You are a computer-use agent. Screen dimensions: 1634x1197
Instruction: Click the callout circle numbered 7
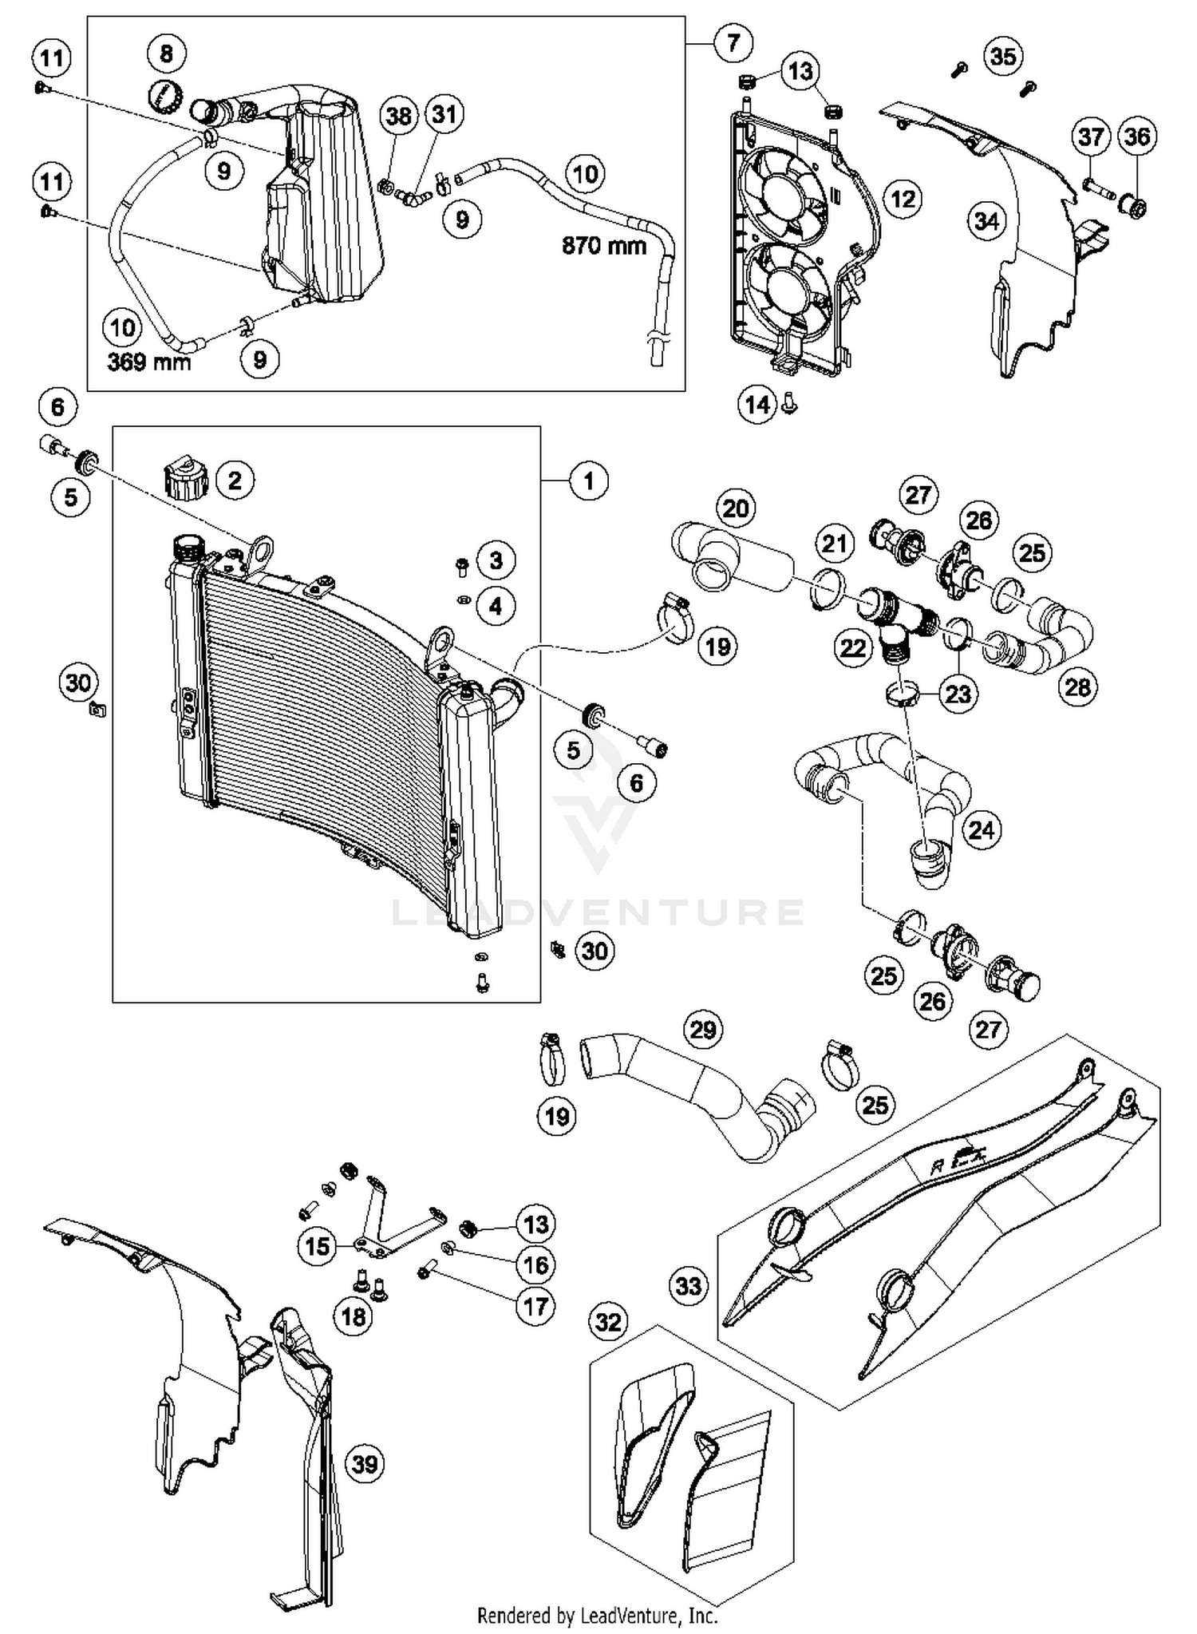pyautogui.click(x=733, y=42)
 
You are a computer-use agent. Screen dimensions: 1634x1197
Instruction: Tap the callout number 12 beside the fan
pyautogui.click(x=903, y=199)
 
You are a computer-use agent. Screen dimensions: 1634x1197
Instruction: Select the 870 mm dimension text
pyautogui.click(x=603, y=245)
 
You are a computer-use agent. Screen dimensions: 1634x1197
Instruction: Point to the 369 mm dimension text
pyautogui.click(x=149, y=362)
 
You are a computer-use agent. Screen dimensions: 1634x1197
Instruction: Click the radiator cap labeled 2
pyautogui.click(x=183, y=477)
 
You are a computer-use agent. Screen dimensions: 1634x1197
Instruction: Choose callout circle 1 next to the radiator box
pyautogui.click(x=589, y=481)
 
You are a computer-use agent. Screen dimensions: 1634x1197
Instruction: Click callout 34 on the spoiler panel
pyautogui.click(x=986, y=221)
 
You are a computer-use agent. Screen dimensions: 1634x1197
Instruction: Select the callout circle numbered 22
pyautogui.click(x=852, y=647)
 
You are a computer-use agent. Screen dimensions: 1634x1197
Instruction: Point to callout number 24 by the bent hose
pyautogui.click(x=981, y=830)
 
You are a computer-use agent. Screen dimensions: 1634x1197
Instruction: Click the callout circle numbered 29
pyautogui.click(x=703, y=1030)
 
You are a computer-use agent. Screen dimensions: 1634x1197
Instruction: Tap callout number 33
pyautogui.click(x=689, y=1285)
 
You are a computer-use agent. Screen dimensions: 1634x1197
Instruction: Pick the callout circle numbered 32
pyautogui.click(x=608, y=1323)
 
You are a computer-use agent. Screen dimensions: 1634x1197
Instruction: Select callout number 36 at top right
pyautogui.click(x=1137, y=136)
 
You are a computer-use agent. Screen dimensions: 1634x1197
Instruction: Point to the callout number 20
pyautogui.click(x=735, y=508)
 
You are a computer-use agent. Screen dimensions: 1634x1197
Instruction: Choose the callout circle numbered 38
pyautogui.click(x=399, y=117)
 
